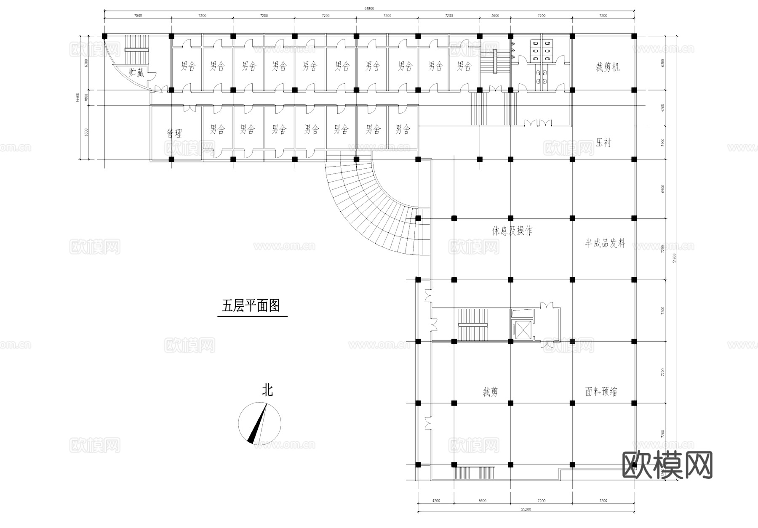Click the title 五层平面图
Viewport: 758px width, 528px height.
251,305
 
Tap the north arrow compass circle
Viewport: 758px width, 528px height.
259,424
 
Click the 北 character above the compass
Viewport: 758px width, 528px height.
267,390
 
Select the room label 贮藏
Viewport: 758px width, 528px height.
136,73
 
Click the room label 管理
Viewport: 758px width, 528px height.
174,133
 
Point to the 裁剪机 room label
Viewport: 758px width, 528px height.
607,67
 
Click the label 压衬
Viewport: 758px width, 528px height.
603,143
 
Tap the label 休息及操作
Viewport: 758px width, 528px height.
512,231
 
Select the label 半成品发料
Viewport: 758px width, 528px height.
605,243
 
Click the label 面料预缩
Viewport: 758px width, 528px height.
601,392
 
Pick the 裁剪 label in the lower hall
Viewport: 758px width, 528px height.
490,392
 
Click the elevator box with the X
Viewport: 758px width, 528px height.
522,330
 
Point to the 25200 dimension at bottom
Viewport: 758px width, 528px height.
526,509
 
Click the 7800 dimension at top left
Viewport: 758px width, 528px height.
138,16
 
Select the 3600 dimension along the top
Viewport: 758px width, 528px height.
495,16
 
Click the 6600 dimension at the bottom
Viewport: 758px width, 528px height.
482,501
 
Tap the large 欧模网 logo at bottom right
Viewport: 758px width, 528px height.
667,465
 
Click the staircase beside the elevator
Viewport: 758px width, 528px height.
473,325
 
